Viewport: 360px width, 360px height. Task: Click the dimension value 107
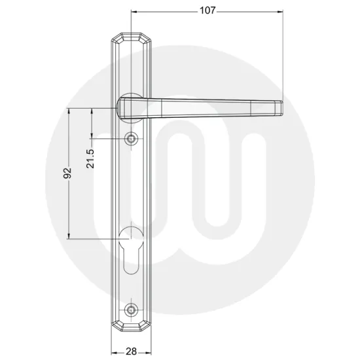click(x=207, y=10)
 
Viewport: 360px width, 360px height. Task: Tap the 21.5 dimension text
click(x=90, y=158)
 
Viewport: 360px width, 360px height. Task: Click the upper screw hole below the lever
click(x=132, y=139)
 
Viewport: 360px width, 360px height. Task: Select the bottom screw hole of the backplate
click(x=132, y=309)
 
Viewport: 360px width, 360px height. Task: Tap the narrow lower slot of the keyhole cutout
click(x=132, y=262)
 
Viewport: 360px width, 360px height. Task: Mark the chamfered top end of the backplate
click(x=132, y=38)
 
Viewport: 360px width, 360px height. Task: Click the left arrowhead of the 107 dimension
click(x=134, y=12)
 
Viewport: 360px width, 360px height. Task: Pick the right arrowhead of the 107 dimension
click(x=282, y=12)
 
